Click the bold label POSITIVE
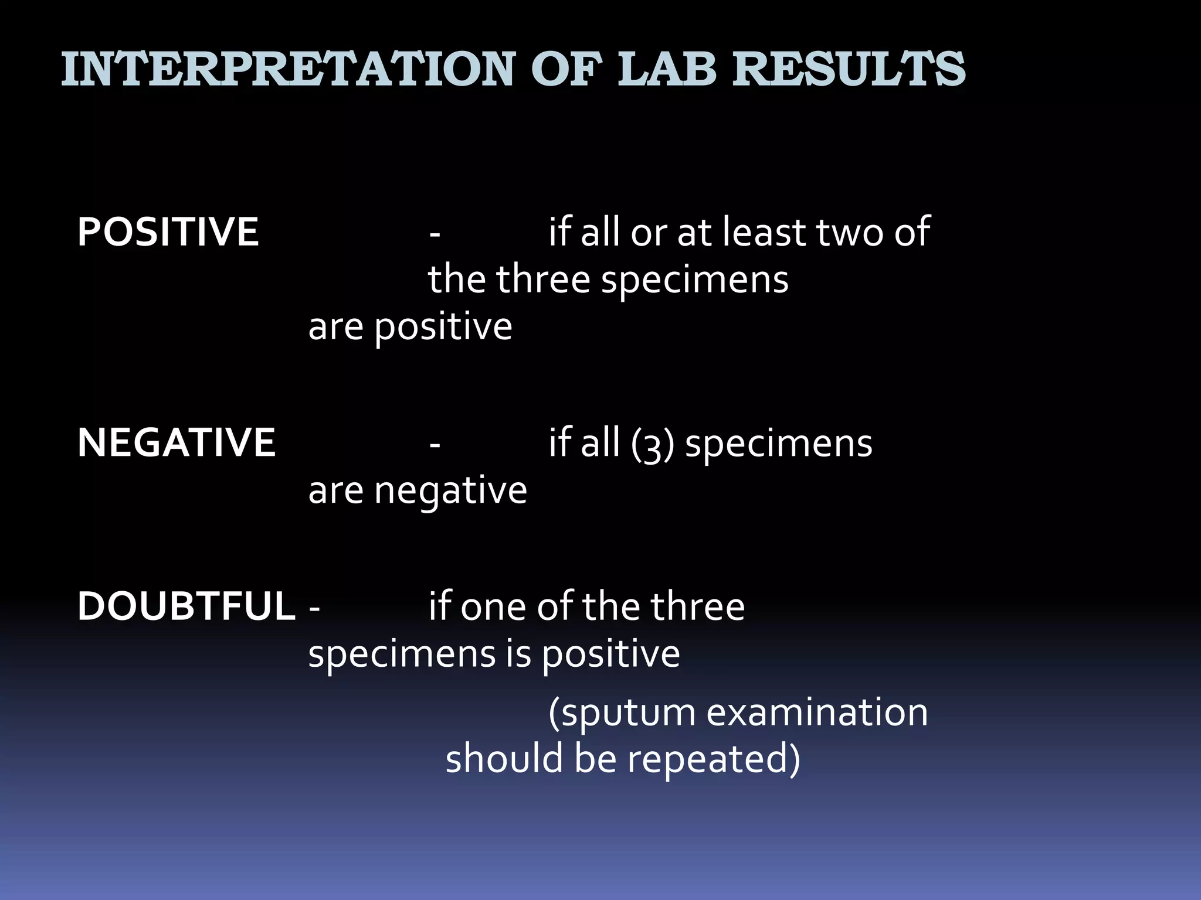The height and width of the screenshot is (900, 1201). (168, 232)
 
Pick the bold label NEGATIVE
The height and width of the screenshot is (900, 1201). (176, 442)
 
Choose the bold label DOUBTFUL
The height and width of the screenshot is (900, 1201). (186, 606)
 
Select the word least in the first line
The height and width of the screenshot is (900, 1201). (764, 232)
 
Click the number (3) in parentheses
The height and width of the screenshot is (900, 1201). (653, 444)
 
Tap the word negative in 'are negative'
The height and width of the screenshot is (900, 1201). (450, 491)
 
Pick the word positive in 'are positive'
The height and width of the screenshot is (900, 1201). (443, 328)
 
